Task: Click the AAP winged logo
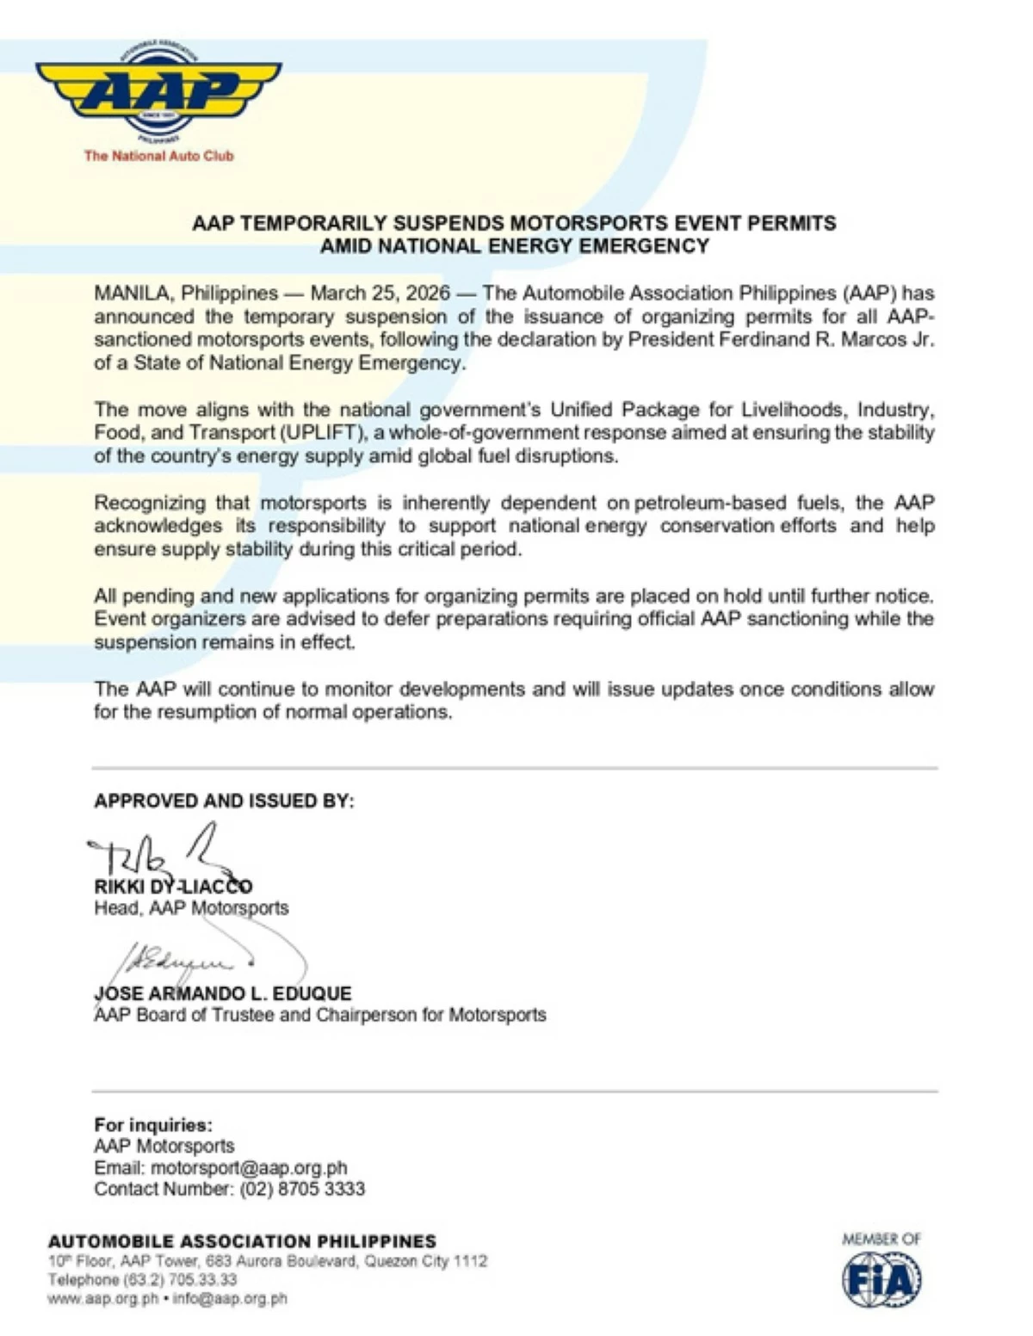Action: click(158, 90)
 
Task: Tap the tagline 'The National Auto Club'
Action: click(158, 156)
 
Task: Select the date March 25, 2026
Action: click(380, 294)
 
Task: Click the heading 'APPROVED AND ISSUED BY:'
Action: click(224, 801)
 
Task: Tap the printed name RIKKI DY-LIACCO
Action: click(173, 887)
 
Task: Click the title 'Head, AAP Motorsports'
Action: click(191, 908)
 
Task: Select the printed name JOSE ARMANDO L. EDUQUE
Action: click(223, 993)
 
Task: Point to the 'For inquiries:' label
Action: click(153, 1125)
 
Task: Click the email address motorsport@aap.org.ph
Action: click(249, 1168)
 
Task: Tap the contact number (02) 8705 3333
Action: click(302, 1190)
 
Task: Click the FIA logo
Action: click(881, 1280)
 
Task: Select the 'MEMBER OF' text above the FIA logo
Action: click(881, 1240)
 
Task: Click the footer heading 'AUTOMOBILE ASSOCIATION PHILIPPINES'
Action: click(242, 1241)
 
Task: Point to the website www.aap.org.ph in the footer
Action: click(102, 1299)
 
